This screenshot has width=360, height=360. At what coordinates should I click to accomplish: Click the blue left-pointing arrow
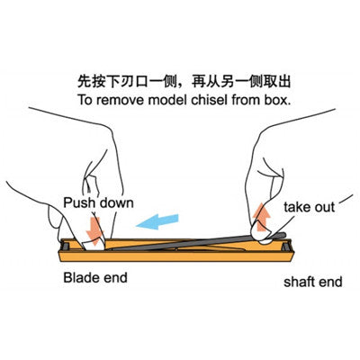pos(157,221)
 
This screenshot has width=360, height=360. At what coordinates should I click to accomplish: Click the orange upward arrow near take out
pos(261,217)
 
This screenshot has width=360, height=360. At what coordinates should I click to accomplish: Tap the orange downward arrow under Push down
pos(94,231)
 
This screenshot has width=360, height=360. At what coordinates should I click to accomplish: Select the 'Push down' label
pos(98,203)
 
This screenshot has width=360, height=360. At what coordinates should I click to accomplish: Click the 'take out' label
pos(309,207)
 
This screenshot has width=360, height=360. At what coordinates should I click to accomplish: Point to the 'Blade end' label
pos(95,277)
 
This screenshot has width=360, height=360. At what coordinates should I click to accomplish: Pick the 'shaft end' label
pos(313,282)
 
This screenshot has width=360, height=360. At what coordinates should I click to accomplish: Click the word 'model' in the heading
pos(168,100)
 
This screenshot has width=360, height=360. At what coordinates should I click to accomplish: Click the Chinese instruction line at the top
pos(184,82)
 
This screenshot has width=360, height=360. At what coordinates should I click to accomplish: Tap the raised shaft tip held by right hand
pos(279,236)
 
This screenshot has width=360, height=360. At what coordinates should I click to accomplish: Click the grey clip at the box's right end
pos(286,246)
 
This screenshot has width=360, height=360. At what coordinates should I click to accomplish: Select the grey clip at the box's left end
pos(66,246)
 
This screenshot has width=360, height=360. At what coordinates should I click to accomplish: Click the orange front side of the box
pos(175,256)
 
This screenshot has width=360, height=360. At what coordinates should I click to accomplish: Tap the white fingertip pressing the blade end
pos(94,245)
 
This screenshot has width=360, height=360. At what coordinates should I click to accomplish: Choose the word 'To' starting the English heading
pos(85,100)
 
